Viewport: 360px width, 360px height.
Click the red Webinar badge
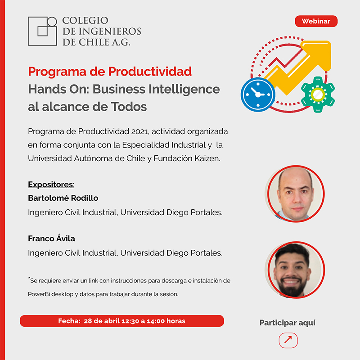pyautogui.click(x=316, y=21)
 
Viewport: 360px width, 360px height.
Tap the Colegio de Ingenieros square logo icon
pyautogui.click(x=42, y=31)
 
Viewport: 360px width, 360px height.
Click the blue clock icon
pyautogui.click(x=258, y=94)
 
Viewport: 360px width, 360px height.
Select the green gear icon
pyautogui.click(x=318, y=94)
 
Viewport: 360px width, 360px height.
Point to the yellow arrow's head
pyautogui.click(x=318, y=54)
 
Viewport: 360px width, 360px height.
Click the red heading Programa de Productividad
pyautogui.click(x=110, y=72)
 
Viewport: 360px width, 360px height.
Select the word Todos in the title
pyautogui.click(x=129, y=107)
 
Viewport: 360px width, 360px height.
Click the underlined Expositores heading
pyautogui.click(x=51, y=184)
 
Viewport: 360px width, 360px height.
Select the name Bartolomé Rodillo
pyautogui.click(x=63, y=198)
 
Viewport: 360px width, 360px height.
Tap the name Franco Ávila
pyautogui.click(x=51, y=238)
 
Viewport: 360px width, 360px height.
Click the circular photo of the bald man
pyautogui.click(x=296, y=194)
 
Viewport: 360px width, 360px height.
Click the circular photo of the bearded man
pyautogui.click(x=296, y=270)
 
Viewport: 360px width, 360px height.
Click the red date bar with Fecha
pyautogui.click(x=121, y=321)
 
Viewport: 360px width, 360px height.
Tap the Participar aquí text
pyautogui.click(x=287, y=323)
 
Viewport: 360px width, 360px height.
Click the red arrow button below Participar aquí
pyautogui.click(x=288, y=340)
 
